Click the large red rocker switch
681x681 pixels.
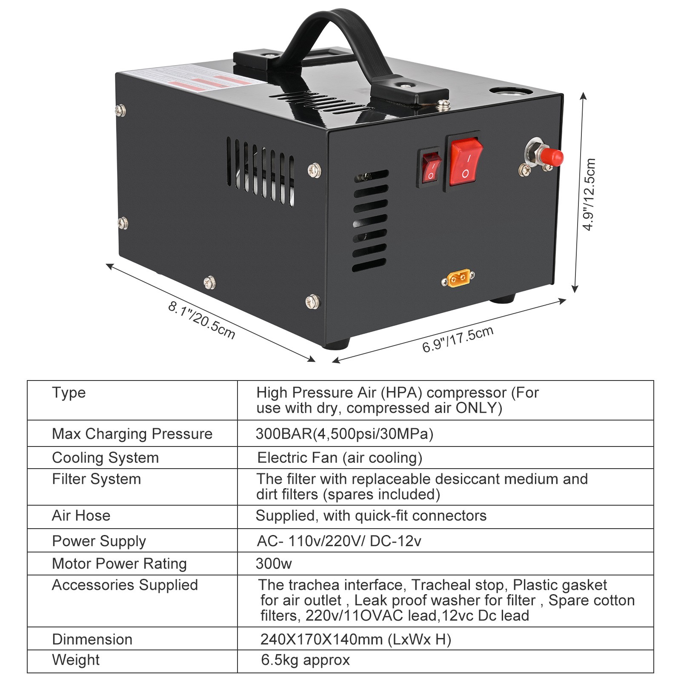(466, 162)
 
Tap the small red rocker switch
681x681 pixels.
(431, 168)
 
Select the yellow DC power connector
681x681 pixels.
(458, 278)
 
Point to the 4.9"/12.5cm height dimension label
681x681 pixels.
(589, 195)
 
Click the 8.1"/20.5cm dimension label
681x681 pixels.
(201, 320)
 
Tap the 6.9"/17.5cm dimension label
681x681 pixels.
(458, 340)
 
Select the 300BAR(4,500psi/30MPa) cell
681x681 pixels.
(344, 434)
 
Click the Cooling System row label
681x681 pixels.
(105, 458)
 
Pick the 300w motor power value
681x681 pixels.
(274, 564)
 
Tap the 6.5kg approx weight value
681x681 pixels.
(305, 660)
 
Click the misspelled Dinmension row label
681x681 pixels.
(92, 639)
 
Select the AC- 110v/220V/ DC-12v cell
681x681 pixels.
(339, 541)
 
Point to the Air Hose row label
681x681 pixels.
(81, 515)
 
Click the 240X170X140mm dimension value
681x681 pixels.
(355, 639)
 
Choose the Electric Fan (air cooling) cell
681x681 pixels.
(340, 458)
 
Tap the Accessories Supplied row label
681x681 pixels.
(125, 585)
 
